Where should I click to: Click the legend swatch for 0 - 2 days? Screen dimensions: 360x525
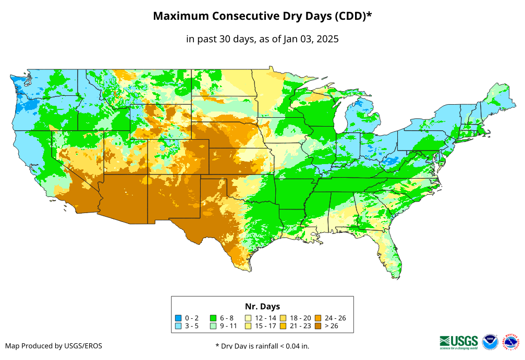(x=178, y=318)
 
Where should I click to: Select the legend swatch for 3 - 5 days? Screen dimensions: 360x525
(x=178, y=326)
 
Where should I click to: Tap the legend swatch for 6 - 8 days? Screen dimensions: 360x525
(x=213, y=318)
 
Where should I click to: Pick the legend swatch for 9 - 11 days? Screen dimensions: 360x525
(x=213, y=326)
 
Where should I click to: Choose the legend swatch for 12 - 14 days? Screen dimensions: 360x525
(x=248, y=318)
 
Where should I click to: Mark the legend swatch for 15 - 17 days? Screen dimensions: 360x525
(x=248, y=326)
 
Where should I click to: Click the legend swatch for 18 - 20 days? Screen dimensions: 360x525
(x=283, y=318)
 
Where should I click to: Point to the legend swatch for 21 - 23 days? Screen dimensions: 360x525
(x=283, y=326)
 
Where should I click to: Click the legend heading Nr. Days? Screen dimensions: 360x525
(x=262, y=306)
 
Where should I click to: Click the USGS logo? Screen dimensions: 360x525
(x=459, y=341)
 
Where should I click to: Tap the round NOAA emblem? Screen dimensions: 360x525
(x=490, y=342)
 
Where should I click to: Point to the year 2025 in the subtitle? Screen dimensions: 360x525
(x=327, y=39)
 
